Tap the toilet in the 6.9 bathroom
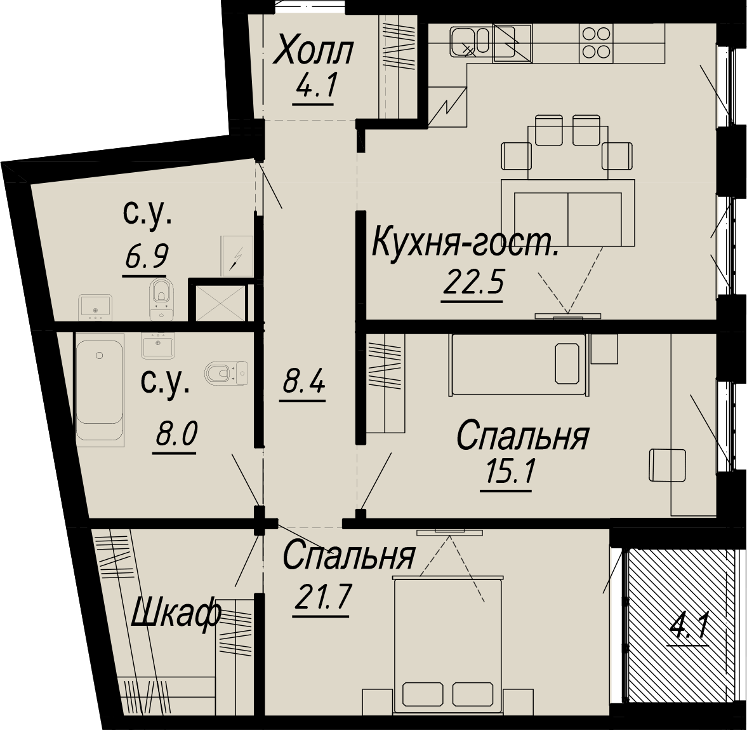(162, 299)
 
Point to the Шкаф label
(175, 615)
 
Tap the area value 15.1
(508, 473)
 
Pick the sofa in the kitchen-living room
(568, 213)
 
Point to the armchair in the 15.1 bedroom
(668, 465)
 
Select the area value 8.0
(175, 435)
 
